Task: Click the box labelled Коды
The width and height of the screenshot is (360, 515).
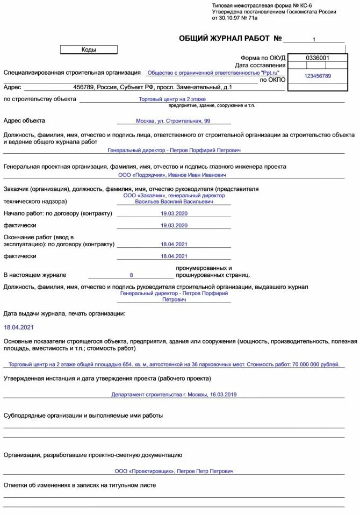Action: click(x=89, y=49)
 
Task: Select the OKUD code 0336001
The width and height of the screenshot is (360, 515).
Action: click(x=317, y=58)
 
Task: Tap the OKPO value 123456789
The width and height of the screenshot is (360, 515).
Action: click(x=317, y=76)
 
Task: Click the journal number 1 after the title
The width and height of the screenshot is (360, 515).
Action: click(x=314, y=39)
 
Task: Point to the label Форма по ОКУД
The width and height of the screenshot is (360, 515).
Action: click(x=263, y=58)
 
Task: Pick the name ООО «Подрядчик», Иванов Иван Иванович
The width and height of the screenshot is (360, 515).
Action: click(x=172, y=175)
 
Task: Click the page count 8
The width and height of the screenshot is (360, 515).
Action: click(x=131, y=275)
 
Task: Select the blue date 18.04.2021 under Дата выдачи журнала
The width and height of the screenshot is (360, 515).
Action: click(x=19, y=327)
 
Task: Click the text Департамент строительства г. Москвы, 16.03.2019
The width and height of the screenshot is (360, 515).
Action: click(x=174, y=394)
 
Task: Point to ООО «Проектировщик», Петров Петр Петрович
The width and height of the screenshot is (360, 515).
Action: click(x=174, y=471)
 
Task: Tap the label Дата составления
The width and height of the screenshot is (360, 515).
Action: click(x=260, y=65)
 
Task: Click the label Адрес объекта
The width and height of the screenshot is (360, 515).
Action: click(x=24, y=121)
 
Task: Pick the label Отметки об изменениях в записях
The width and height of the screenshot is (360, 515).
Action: click(x=80, y=485)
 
